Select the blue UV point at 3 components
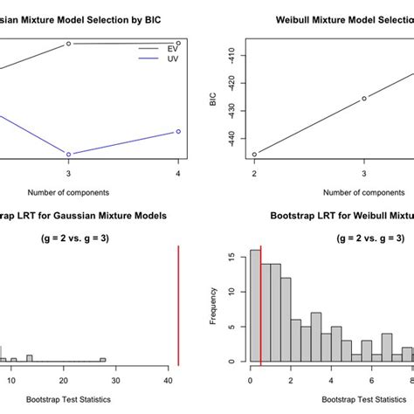click(x=68, y=155)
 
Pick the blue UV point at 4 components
click(x=178, y=131)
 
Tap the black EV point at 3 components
click(x=68, y=44)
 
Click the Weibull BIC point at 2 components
click(x=254, y=155)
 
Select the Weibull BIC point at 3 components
click(x=364, y=98)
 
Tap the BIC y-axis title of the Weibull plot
click(x=212, y=100)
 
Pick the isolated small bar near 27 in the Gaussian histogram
click(x=102, y=359)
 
